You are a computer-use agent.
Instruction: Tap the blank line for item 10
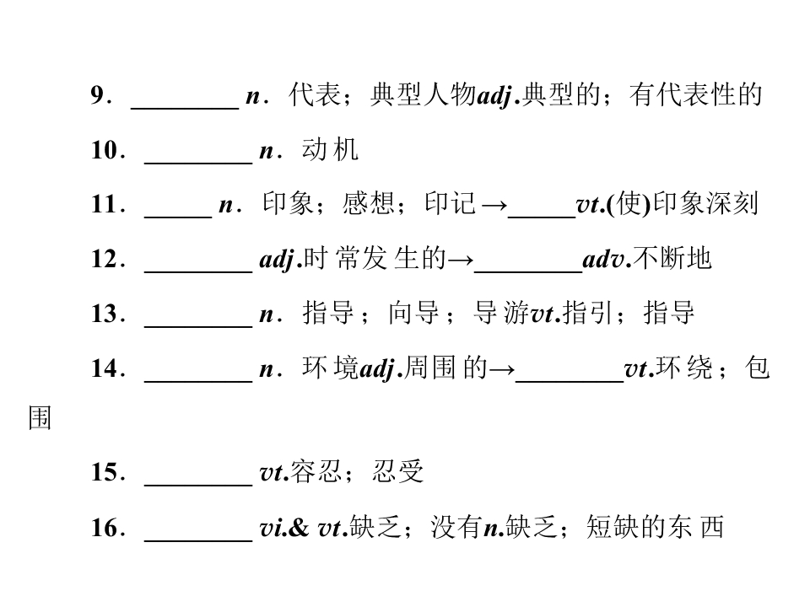click(x=198, y=163)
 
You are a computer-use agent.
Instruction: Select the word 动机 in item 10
click(x=330, y=150)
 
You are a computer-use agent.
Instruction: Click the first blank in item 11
click(x=178, y=217)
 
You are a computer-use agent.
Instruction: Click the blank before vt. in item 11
click(x=542, y=217)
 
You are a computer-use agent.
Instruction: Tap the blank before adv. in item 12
click(x=528, y=271)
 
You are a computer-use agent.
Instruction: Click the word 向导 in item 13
click(x=413, y=313)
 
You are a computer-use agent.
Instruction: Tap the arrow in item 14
click(x=502, y=369)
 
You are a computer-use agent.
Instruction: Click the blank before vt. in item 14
click(x=570, y=381)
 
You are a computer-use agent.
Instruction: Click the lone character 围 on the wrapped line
click(x=40, y=417)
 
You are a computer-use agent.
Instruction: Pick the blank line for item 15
click(x=198, y=485)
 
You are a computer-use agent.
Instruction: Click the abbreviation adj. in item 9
click(x=498, y=96)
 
